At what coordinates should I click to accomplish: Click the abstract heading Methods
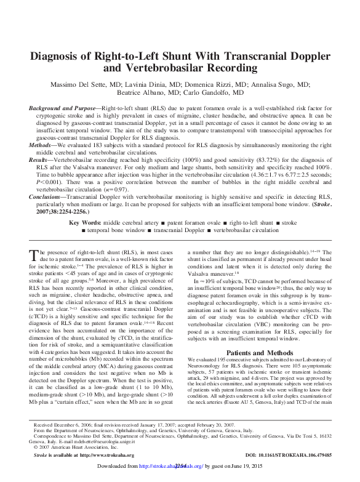45,145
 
